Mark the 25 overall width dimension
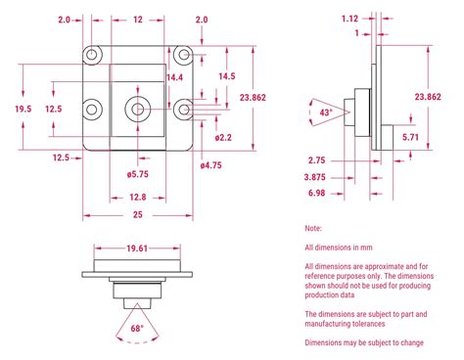(136, 214)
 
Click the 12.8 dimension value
(136, 196)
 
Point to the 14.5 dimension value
(227, 76)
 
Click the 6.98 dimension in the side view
(316, 193)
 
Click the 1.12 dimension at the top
(349, 18)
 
